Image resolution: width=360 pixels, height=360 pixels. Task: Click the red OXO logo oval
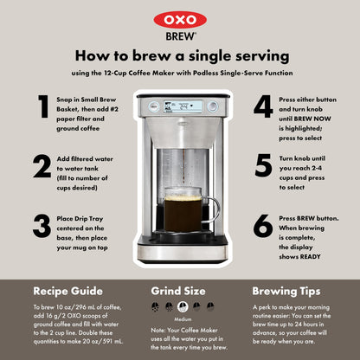[180, 20]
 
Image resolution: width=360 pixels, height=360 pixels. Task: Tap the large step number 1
[43, 106]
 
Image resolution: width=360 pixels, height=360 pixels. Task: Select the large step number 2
[42, 165]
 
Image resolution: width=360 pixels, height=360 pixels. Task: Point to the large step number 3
[42, 226]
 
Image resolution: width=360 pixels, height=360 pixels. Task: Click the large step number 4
[263, 106]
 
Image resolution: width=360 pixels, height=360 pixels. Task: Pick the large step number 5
[263, 165]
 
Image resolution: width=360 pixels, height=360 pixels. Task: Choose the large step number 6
[263, 226]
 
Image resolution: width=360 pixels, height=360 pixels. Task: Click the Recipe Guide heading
[68, 291]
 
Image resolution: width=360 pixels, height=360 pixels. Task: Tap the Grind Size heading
[178, 291]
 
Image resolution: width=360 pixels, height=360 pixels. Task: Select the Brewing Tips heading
[286, 292]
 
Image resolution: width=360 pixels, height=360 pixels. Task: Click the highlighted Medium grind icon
[183, 307]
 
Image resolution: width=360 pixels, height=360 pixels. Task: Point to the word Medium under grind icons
[183, 319]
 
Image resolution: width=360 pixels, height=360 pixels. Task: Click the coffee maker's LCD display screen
[183, 106]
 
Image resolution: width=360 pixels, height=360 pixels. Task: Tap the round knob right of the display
[213, 106]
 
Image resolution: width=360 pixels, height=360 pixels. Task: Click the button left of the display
[154, 106]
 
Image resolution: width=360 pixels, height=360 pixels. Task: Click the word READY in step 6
[311, 256]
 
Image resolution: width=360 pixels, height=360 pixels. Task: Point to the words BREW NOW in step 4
[312, 119]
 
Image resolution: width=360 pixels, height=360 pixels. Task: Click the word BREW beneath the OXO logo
[181, 36]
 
